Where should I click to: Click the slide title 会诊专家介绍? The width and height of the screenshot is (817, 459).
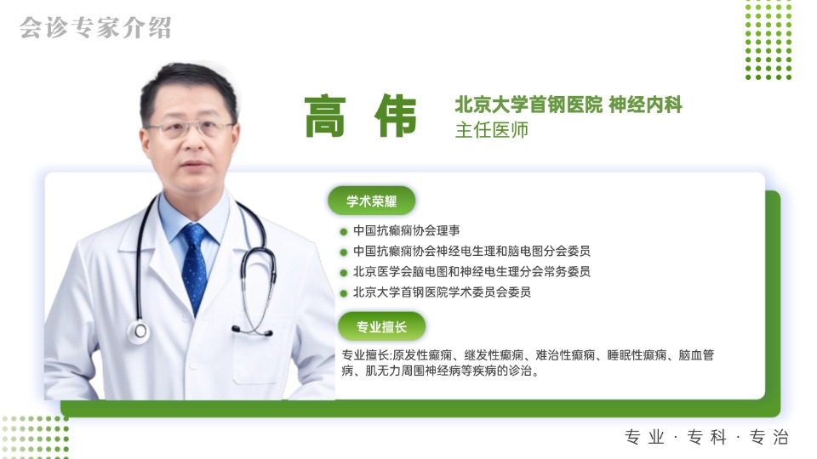coord(95,27)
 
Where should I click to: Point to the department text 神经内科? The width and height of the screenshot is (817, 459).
coord(646,105)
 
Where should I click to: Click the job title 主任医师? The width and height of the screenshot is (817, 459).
coord(492,131)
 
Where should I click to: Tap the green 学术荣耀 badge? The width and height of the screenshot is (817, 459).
coord(370,201)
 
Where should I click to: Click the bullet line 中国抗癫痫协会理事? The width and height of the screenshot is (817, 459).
coord(408,230)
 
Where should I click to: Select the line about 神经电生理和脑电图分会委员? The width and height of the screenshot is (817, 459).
coord(471,251)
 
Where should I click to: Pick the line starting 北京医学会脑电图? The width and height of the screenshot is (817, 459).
coord(471,271)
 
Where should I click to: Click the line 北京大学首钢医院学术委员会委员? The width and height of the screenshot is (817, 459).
coord(442,292)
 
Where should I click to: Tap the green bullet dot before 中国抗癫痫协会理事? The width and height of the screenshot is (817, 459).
coord(343,231)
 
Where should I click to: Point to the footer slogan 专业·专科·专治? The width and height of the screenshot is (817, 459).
coord(706,437)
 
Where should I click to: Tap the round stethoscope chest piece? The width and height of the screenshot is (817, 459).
coord(138,331)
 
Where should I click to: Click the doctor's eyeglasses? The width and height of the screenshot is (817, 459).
coord(189,129)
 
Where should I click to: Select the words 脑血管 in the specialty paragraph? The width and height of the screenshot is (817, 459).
coord(697,354)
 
